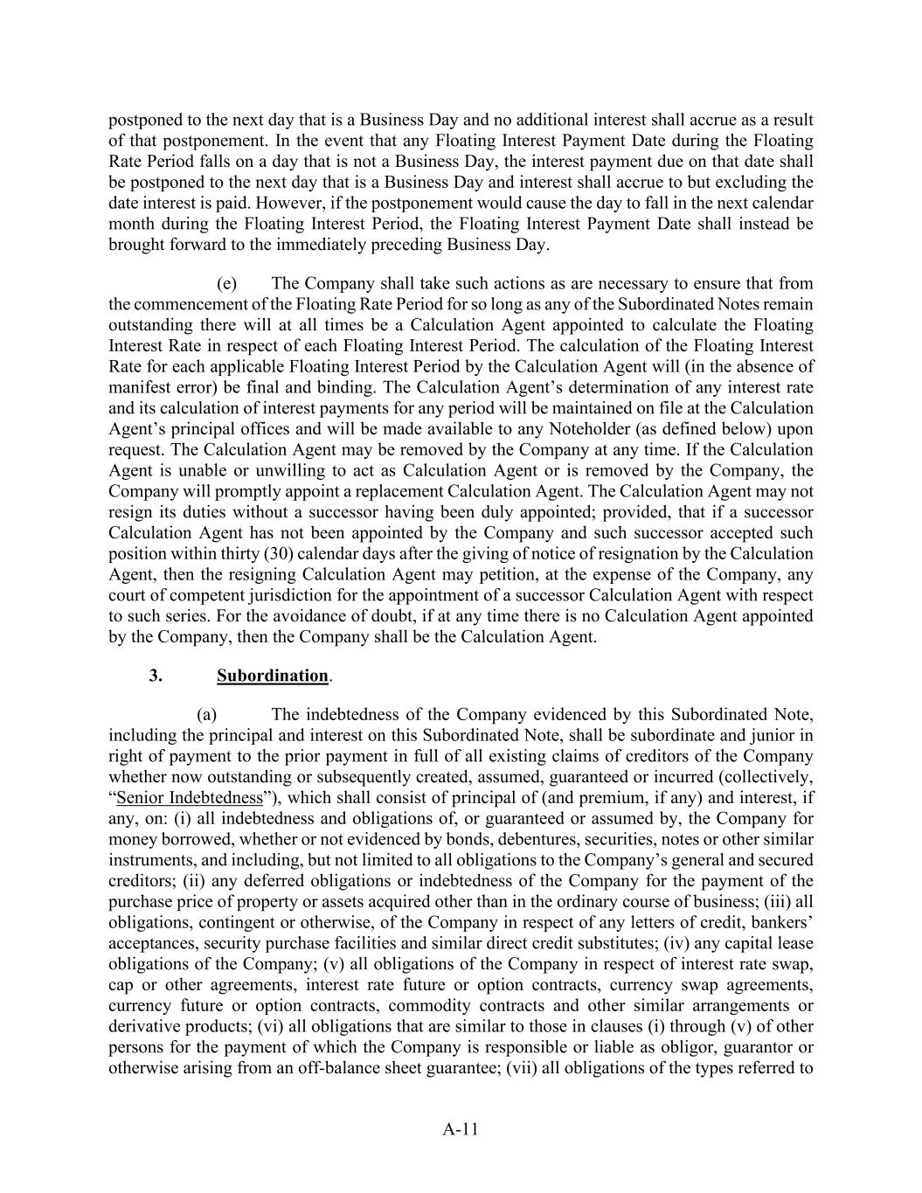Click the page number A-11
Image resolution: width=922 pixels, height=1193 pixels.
[461, 1129]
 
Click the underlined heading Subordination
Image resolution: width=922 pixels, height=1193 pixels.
[273, 676]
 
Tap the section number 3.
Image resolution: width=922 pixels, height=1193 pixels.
[156, 676]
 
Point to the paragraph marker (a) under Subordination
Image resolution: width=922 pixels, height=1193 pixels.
[207, 714]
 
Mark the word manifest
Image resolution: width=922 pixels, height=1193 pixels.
[137, 387]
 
